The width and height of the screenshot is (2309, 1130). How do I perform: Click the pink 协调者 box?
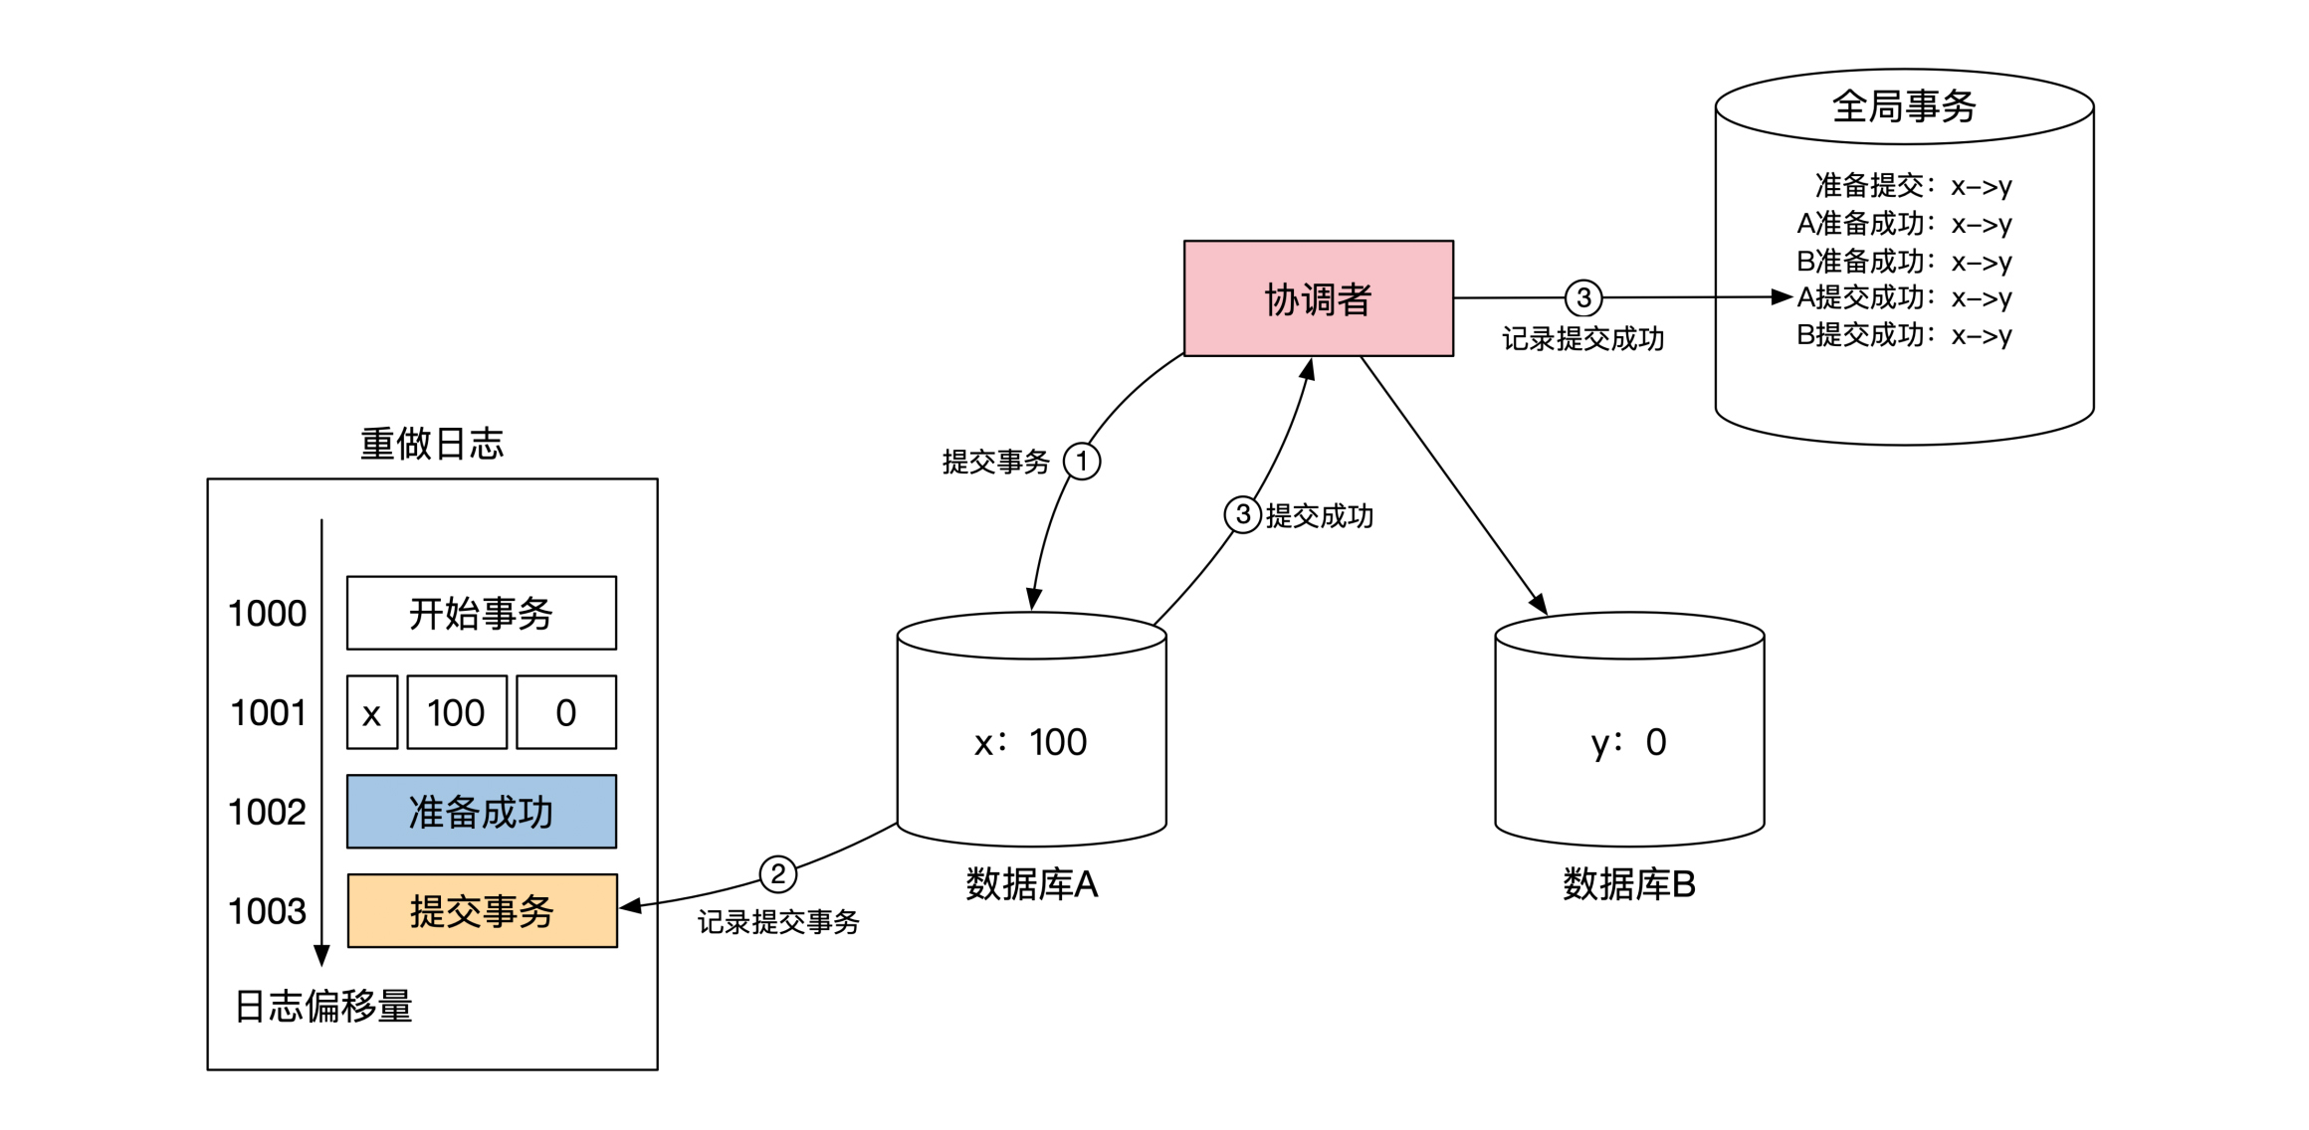(1318, 298)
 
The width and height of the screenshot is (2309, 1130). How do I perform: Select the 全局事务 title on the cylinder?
(1903, 106)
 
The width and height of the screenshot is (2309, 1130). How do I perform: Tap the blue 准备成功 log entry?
(482, 812)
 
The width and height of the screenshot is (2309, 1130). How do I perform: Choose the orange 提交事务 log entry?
(482, 911)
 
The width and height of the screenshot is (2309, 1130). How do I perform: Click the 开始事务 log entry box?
(482, 613)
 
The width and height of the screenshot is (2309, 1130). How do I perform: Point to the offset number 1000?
(267, 614)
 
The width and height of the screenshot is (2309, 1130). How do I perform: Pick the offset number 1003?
(267, 911)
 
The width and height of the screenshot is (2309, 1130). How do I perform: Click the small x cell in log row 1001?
(372, 712)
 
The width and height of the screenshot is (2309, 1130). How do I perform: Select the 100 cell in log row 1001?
(456, 712)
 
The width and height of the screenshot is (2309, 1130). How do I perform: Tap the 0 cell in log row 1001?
(566, 712)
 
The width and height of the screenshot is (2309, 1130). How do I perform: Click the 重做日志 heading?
(432, 444)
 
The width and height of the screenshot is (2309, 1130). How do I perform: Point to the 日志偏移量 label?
(323, 1007)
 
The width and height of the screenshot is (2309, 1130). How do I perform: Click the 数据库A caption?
(1031, 884)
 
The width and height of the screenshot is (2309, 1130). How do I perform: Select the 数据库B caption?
(1628, 884)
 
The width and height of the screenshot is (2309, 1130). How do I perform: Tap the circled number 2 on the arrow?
(777, 874)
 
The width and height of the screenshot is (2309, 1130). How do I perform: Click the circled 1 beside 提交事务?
(1082, 462)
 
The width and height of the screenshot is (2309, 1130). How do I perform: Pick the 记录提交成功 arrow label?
(1582, 339)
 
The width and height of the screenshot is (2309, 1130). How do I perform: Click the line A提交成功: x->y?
(1903, 297)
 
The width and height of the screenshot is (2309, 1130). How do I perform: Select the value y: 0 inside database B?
(1628, 742)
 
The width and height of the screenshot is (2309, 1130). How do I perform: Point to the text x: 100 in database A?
(1031, 742)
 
